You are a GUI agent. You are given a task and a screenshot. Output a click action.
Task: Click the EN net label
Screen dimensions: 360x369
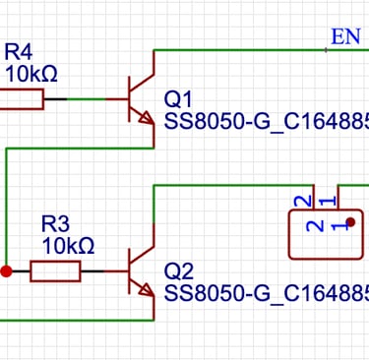tap(345, 37)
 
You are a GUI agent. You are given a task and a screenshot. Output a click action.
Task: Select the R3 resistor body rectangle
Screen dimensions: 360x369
tap(55, 270)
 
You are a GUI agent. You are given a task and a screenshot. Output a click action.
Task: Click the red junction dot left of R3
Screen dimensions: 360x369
tap(6, 270)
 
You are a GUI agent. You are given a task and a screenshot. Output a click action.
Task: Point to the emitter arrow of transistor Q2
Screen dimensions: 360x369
tap(147, 290)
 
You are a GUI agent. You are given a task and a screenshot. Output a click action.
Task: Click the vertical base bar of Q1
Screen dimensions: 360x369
tap(130, 98)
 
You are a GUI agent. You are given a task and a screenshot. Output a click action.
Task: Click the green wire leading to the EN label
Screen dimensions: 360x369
tap(246, 48)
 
